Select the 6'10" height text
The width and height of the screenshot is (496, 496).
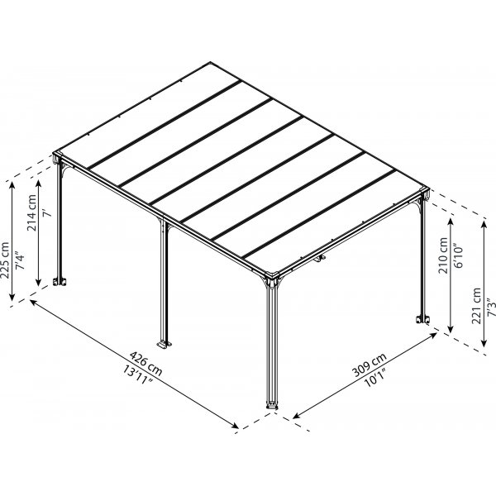(x=457, y=258)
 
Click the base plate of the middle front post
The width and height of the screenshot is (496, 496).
(x=164, y=342)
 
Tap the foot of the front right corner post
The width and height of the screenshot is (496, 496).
(x=271, y=405)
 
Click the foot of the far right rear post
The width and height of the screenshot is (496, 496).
(x=422, y=320)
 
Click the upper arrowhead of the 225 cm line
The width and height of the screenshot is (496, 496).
(x=12, y=185)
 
